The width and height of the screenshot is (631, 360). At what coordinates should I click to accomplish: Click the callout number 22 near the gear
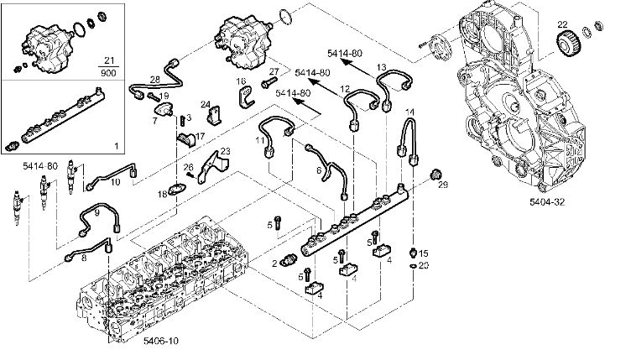pyautogui.click(x=562, y=24)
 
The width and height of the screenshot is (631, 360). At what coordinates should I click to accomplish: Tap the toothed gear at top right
pyautogui.click(x=570, y=41)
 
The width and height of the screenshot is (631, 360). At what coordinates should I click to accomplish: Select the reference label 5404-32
pyautogui.click(x=546, y=202)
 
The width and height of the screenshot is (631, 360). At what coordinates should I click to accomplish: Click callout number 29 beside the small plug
pyautogui.click(x=444, y=184)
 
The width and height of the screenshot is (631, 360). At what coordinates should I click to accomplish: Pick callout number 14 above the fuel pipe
pyautogui.click(x=410, y=112)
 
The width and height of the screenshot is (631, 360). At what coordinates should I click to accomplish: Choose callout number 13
pyautogui.click(x=381, y=66)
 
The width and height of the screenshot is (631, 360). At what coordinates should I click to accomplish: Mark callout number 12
pyautogui.click(x=345, y=89)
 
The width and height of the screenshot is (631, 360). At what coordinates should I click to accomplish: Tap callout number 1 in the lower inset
pyautogui.click(x=115, y=145)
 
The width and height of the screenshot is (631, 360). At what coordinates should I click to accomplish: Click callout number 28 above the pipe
pyautogui.click(x=154, y=80)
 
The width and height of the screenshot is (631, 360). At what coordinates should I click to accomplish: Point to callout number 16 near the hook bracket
pyautogui.click(x=240, y=81)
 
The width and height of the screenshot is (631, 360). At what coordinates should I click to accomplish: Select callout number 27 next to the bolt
pyautogui.click(x=274, y=71)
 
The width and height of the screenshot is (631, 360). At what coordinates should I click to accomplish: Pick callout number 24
pyautogui.click(x=205, y=105)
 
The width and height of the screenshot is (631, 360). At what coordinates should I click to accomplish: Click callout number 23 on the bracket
pyautogui.click(x=224, y=151)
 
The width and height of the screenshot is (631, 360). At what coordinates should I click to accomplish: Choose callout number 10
pyautogui.click(x=116, y=181)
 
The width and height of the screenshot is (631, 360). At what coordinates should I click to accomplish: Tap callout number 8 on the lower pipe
pyautogui.click(x=84, y=260)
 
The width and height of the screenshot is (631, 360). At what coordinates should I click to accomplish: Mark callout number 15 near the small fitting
pyautogui.click(x=424, y=253)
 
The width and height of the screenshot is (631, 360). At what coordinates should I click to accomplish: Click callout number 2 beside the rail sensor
pyautogui.click(x=275, y=263)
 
